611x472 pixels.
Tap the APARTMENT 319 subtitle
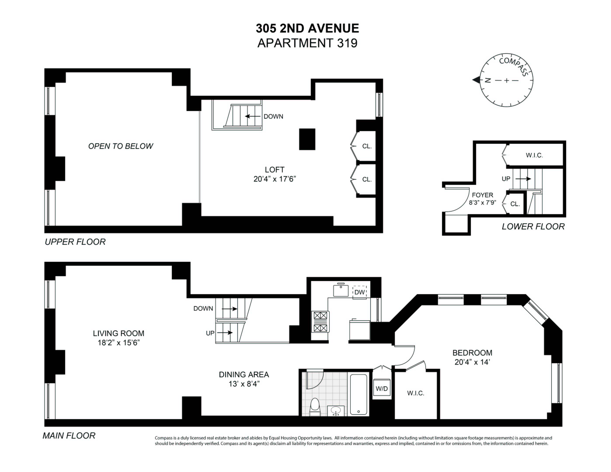point(307,43)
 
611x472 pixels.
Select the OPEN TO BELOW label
point(121,146)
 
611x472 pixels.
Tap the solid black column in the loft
point(307,139)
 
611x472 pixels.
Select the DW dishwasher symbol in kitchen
point(359,292)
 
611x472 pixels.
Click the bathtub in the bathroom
point(358,394)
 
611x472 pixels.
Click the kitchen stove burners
point(320,322)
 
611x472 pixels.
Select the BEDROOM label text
point(472,353)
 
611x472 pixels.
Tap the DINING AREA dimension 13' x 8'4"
point(244,384)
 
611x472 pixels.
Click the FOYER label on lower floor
point(483,195)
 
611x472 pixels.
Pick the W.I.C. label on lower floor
point(534,155)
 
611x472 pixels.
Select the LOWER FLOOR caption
point(533,226)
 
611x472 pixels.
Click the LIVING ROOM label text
point(119,333)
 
